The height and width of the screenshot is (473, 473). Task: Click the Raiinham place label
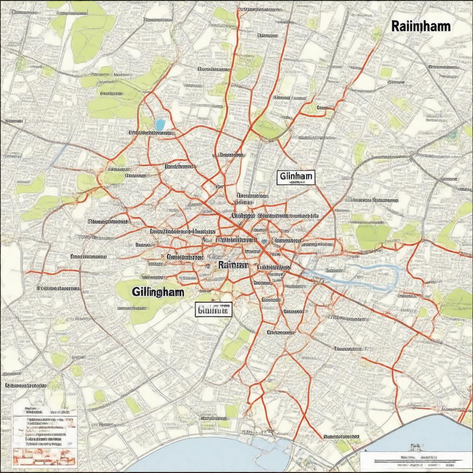(x=420, y=26)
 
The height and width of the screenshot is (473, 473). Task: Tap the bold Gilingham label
(x=157, y=292)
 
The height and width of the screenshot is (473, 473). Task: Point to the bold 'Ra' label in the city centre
(x=233, y=265)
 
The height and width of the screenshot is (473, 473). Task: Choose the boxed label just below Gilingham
(x=213, y=310)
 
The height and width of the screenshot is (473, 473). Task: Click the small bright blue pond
(x=160, y=125)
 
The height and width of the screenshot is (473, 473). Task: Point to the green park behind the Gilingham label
(x=139, y=296)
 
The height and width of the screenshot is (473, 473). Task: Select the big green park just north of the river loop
(x=373, y=236)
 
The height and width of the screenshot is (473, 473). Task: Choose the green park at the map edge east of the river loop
(x=457, y=303)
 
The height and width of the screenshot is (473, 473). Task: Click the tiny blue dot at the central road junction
(x=264, y=241)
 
